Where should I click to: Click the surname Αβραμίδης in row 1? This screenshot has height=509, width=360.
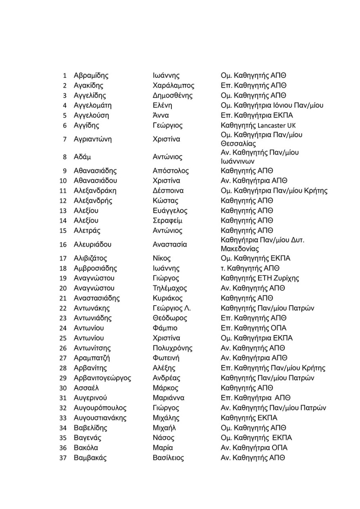coord(91,76)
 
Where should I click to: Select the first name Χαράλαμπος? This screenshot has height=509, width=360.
coord(173,86)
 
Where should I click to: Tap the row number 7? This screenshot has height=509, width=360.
coord(65,139)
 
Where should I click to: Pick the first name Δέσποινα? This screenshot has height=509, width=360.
coord(168,191)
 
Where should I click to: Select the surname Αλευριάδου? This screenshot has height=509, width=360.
coord(92,245)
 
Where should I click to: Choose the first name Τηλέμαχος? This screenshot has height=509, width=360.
coord(170,288)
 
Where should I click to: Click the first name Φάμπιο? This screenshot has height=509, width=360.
coord(165,328)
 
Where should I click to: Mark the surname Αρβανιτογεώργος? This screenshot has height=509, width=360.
coord(102,378)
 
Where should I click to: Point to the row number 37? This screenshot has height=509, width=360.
coord(63,458)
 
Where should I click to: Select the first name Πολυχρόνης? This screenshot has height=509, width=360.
coord(172,348)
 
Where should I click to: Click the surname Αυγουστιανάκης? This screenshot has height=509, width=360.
coord(100,418)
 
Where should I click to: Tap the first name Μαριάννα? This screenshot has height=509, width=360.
coord(168,398)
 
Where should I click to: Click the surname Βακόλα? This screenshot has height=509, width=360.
coord(86,448)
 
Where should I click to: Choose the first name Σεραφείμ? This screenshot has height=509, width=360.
coord(167,221)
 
